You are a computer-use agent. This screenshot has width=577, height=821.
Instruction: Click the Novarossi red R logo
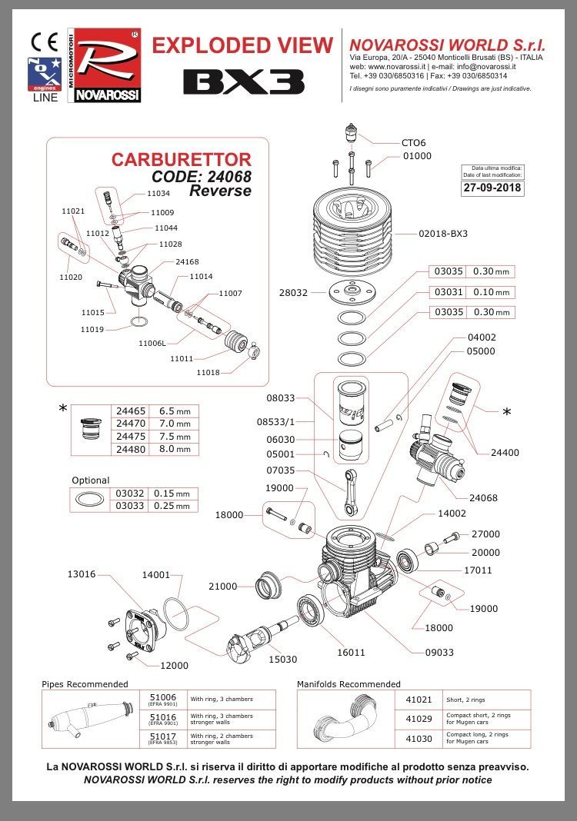pos(108,63)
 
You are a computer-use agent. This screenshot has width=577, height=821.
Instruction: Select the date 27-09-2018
pos(492,187)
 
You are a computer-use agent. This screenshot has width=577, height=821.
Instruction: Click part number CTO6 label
pos(413,142)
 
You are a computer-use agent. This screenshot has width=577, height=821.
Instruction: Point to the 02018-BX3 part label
pos(443,233)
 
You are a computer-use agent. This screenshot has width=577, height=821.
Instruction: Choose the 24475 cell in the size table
pos(131,437)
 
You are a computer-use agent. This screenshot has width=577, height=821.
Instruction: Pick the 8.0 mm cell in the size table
pos(174,449)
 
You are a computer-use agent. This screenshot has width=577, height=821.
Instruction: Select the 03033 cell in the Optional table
pos(130,505)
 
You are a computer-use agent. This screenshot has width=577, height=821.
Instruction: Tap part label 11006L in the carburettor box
pos(152,343)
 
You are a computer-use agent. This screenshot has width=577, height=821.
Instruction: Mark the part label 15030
pos(282,659)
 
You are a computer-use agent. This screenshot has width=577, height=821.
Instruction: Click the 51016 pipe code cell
pos(163,719)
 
